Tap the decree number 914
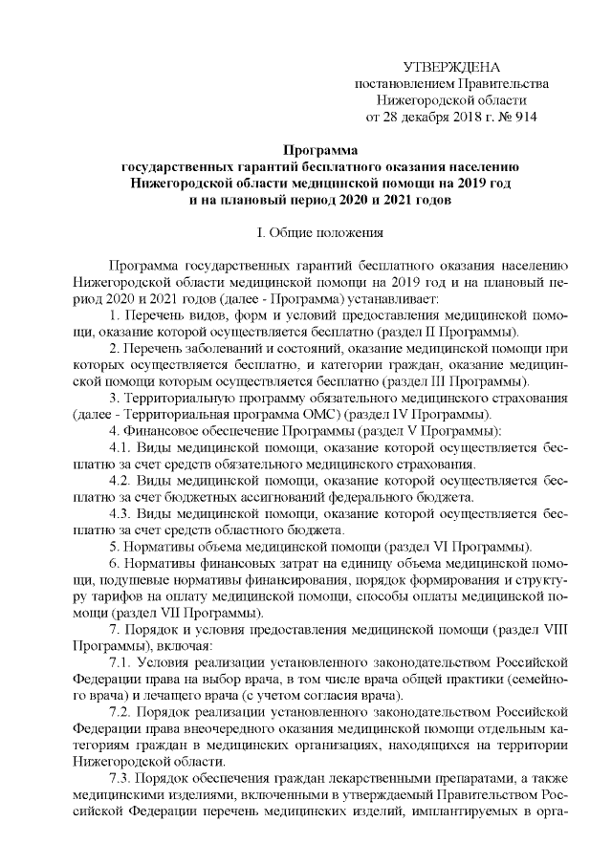[525, 118]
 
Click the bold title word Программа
[320, 150]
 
